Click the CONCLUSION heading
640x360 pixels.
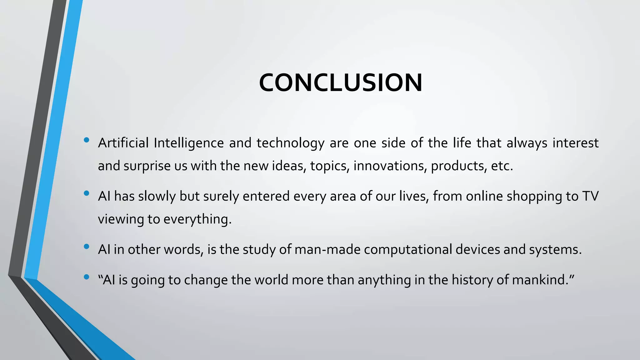pos(341,83)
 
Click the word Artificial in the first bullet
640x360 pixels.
pos(123,143)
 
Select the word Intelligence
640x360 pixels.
pos(189,143)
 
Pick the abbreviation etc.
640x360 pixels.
pos(502,166)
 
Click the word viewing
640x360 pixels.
pos(121,219)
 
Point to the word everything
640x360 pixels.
pos(197,219)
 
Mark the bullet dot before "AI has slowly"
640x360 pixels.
pos(87,193)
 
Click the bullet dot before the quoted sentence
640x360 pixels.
pos(87,277)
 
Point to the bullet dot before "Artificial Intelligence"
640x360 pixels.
pos(87,140)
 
